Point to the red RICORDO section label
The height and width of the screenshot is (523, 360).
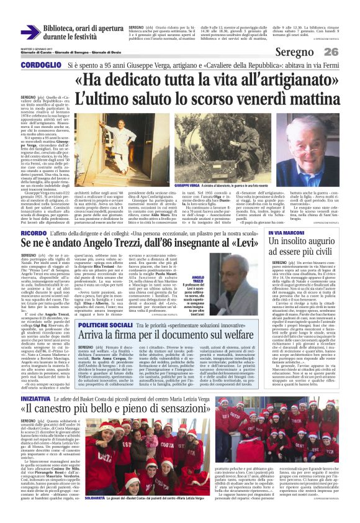pyautogui.click(x=36, y=234)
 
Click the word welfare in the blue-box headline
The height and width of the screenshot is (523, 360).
pyautogui.click(x=231, y=336)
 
